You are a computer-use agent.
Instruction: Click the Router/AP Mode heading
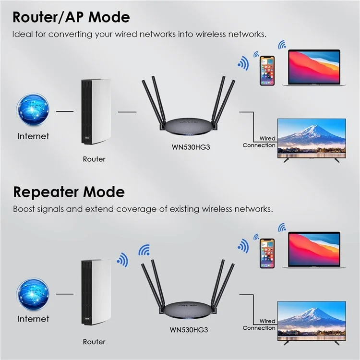pyautogui.click(x=71, y=17)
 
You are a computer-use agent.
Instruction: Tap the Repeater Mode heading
pyautogui.click(x=69, y=192)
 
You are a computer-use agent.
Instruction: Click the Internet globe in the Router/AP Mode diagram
pyautogui.click(x=33, y=110)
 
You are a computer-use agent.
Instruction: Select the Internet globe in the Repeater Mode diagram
pyautogui.click(x=33, y=294)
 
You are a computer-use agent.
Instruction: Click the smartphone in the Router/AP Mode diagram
pyautogui.click(x=267, y=71)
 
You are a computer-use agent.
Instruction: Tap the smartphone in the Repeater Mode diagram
pyautogui.click(x=267, y=253)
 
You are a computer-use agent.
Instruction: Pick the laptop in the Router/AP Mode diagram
pyautogui.click(x=314, y=68)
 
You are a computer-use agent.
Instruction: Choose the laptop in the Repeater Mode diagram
pyautogui.click(x=314, y=250)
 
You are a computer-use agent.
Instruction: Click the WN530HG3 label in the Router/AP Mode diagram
pyautogui.click(x=191, y=147)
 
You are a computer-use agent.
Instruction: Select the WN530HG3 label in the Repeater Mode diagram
pyautogui.click(x=189, y=330)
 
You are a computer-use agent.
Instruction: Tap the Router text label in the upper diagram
pyautogui.click(x=94, y=159)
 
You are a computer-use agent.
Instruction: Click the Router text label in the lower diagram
pyautogui.click(x=94, y=342)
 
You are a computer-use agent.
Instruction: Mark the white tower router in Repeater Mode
pyautogui.click(x=96, y=292)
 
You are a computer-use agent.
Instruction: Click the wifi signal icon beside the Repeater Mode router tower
pyautogui.click(x=123, y=260)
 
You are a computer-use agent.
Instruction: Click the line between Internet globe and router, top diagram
pyautogui.click(x=65, y=111)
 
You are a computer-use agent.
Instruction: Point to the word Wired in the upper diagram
pyautogui.click(x=267, y=138)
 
